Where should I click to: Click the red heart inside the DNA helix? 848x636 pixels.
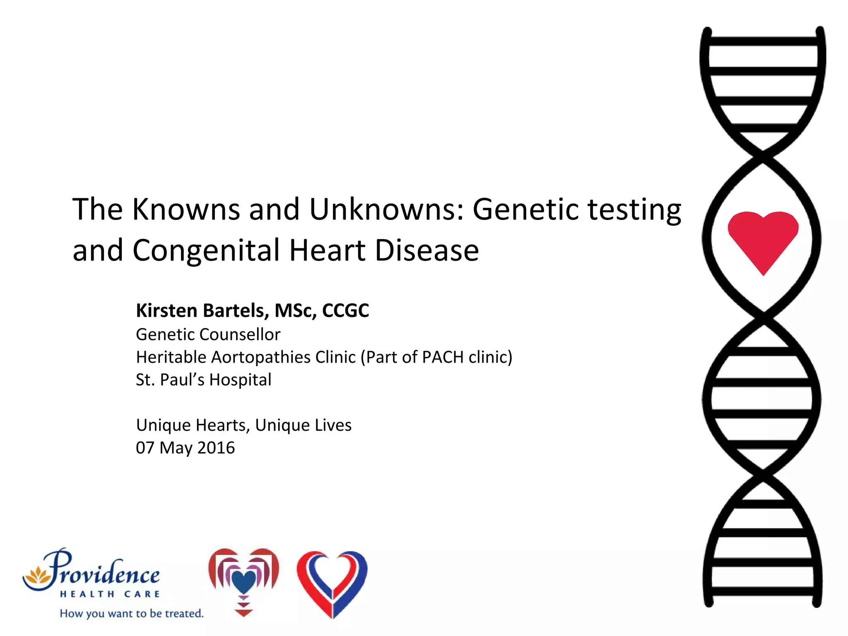(763, 238)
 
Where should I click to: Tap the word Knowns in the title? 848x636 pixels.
(186, 209)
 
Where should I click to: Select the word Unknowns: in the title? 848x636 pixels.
(386, 209)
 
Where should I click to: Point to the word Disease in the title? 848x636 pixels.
(426, 251)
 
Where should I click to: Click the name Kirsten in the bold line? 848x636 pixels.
(166, 311)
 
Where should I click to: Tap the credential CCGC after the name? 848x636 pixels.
(345, 311)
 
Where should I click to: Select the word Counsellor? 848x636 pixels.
(240, 335)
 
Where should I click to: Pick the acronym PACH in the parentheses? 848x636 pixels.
(442, 357)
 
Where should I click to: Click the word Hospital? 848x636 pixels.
(240, 380)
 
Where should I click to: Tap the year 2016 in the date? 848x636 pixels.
(216, 448)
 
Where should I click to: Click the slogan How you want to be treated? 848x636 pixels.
(132, 613)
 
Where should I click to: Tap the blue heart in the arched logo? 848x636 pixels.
(243, 582)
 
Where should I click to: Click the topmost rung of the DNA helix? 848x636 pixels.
(763, 41)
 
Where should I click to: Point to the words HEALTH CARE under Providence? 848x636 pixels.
(110, 594)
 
